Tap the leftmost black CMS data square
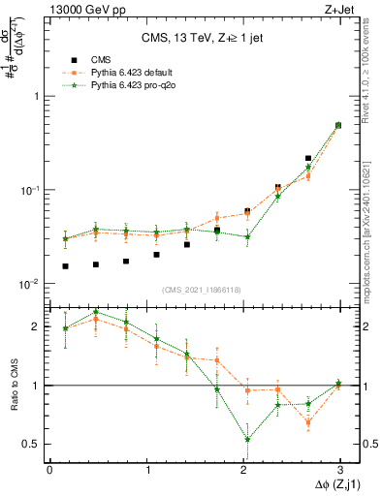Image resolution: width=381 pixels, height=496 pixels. [65, 266]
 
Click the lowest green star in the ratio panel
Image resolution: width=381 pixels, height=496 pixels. [247, 439]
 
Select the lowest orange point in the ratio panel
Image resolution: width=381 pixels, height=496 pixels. [308, 422]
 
